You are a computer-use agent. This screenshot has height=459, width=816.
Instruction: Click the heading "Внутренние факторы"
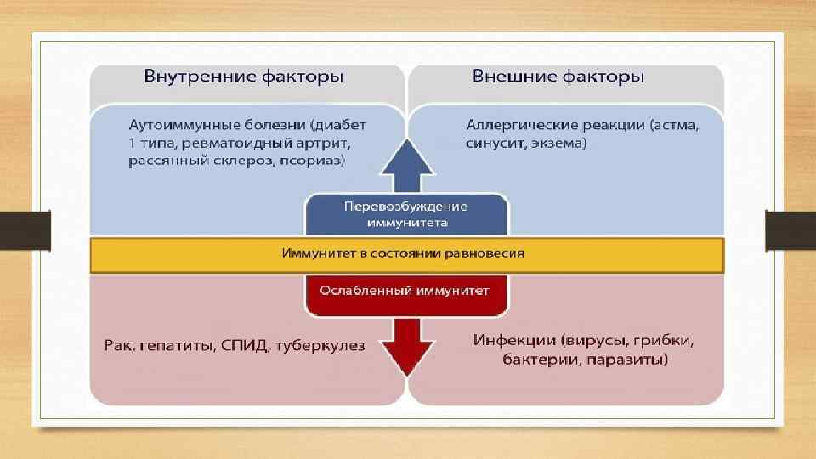click(x=243, y=77)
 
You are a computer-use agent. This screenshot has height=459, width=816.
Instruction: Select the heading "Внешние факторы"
click(x=558, y=77)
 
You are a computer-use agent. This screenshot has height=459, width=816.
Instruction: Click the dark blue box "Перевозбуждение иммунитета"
click(x=406, y=214)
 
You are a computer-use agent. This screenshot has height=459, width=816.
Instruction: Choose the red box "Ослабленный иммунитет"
click(x=405, y=291)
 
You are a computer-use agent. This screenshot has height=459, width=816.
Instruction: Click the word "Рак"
click(x=117, y=345)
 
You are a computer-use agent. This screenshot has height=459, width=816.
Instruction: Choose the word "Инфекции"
click(x=513, y=342)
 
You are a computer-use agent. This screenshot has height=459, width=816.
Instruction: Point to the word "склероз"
click(x=241, y=161)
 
